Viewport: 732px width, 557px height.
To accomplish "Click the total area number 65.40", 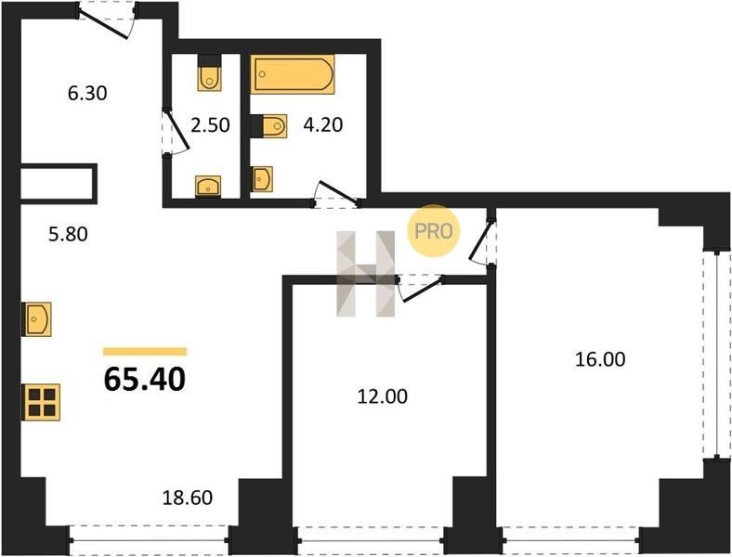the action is tap(145, 379).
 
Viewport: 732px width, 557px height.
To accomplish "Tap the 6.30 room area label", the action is tap(87, 94).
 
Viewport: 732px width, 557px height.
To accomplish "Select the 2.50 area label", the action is tap(211, 125).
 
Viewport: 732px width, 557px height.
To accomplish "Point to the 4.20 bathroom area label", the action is tap(323, 124).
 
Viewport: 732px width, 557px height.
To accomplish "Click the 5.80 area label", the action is tap(68, 234).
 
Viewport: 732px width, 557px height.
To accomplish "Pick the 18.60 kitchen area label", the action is tap(188, 498).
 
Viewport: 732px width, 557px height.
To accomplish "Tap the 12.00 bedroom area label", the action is tap(383, 396).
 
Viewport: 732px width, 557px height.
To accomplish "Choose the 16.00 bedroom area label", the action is tap(600, 359).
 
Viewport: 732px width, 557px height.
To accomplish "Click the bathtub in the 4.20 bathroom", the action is tap(293, 74).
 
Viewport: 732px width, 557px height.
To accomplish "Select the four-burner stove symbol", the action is tap(42, 402).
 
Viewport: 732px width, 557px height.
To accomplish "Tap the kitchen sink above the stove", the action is tap(37, 319).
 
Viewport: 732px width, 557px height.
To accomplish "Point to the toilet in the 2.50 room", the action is tap(209, 73).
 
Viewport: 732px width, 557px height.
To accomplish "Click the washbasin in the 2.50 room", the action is tap(208, 186).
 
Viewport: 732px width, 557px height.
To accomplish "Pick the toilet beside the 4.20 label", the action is tap(268, 126).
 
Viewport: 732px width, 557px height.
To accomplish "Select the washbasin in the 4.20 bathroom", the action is tap(261, 178).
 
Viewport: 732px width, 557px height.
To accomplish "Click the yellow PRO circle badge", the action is tap(434, 231).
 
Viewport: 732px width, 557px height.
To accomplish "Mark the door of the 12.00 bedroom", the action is tap(420, 287).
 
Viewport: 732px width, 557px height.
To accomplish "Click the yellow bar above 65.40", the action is tap(145, 352).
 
